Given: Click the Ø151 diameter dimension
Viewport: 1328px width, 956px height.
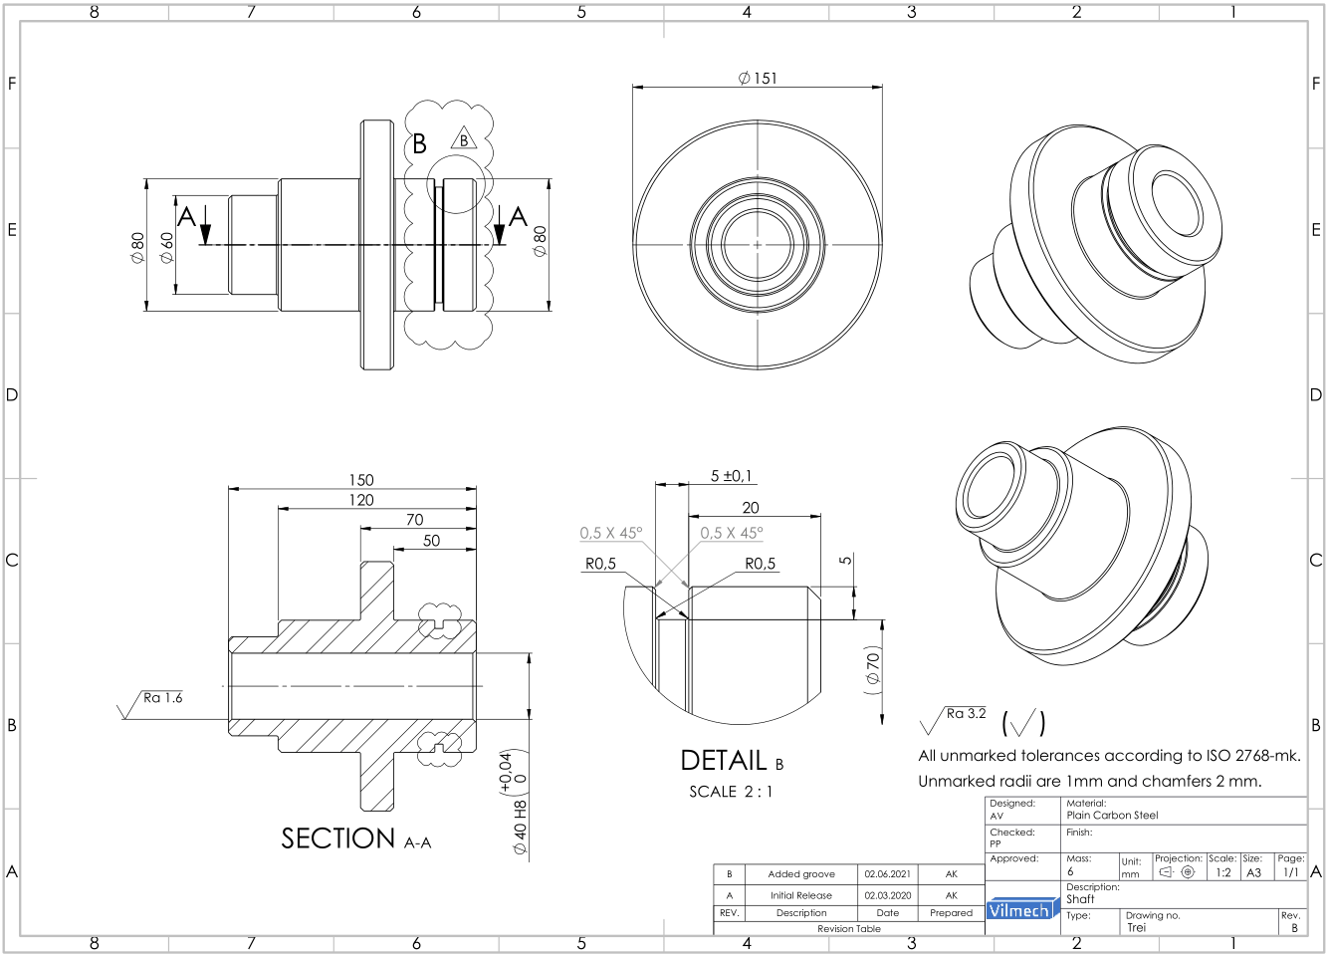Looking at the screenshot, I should point(759,78).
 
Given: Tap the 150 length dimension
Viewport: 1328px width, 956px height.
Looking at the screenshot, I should point(360,480).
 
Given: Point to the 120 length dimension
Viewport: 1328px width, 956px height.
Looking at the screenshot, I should point(360,500).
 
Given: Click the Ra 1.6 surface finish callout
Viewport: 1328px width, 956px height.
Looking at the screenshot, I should point(162,698).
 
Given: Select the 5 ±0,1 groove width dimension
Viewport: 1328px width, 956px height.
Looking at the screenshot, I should point(731,476).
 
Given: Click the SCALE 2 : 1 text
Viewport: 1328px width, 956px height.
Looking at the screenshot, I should point(731,792).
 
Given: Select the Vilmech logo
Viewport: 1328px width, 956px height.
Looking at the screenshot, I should point(1018,910).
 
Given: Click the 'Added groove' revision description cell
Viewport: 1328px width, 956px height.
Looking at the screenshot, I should point(801,874).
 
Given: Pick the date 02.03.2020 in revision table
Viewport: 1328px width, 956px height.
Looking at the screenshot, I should point(887,895).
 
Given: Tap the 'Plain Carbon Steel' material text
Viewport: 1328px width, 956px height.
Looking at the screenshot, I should point(1112,816).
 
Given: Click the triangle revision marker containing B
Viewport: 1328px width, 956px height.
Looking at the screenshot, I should point(464,139).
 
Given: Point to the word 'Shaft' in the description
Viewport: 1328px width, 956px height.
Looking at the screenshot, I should point(1080,899).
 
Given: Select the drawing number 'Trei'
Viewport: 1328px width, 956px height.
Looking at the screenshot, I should point(1137,927).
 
